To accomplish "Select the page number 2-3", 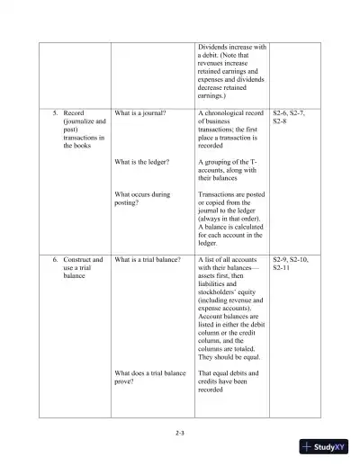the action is (x=180, y=434).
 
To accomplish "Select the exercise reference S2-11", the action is (x=282, y=268).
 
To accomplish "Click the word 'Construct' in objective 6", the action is (x=83, y=260).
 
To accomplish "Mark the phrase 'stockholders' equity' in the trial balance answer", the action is (x=229, y=292).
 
